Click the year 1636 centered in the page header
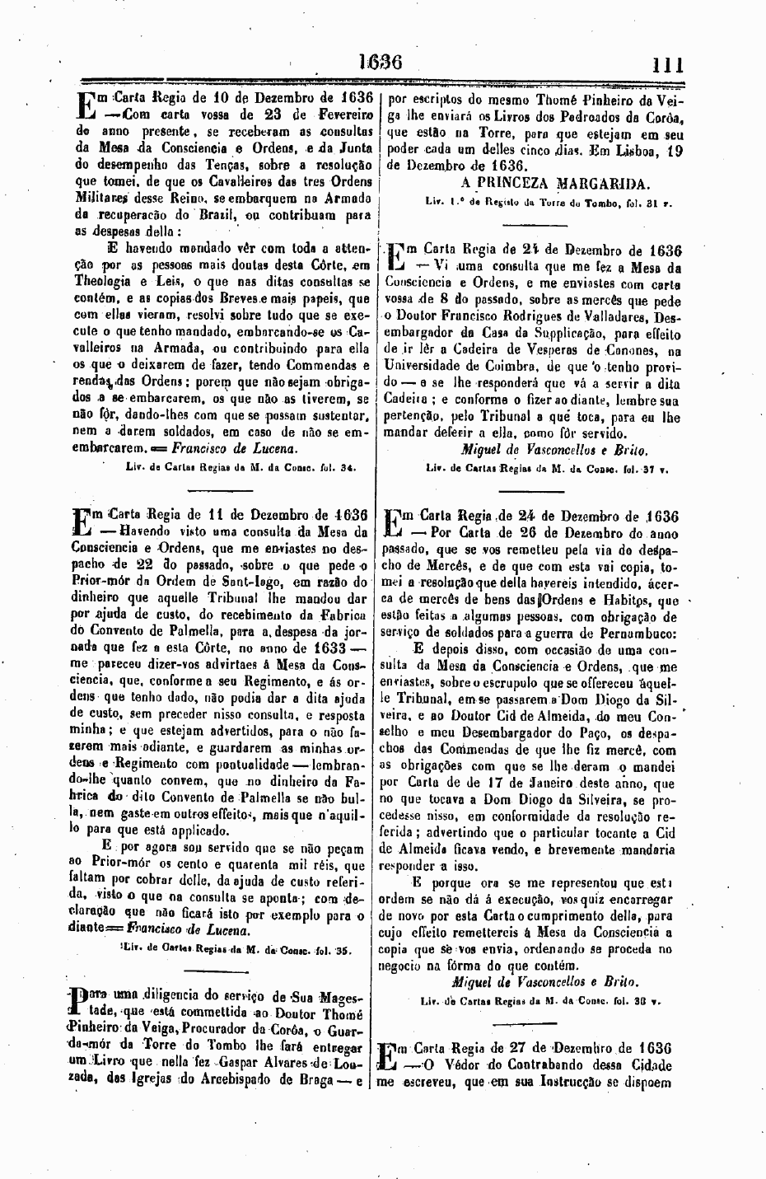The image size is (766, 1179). click(x=379, y=63)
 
